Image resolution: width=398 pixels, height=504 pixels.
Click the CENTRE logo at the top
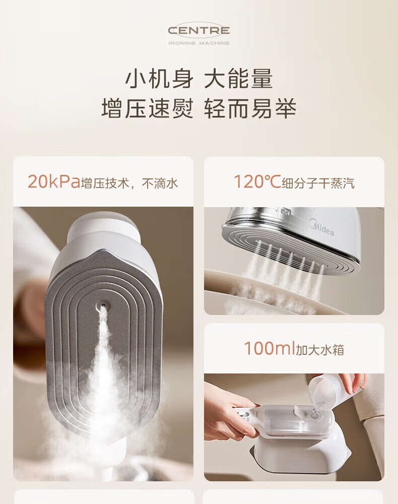tap(199, 31)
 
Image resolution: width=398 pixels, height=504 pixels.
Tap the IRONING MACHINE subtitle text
tap(199, 43)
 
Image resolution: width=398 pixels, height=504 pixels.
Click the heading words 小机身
tap(159, 79)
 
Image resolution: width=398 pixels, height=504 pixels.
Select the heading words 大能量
tap(239, 79)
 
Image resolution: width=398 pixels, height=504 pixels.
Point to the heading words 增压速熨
tap(148, 108)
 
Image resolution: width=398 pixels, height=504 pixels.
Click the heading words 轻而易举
tap(250, 108)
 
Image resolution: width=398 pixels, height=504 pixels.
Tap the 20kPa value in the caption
tap(53, 182)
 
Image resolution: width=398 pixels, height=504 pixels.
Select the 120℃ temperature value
tap(257, 181)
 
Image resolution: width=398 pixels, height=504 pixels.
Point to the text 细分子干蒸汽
tap(318, 183)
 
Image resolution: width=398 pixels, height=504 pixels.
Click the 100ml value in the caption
tap(269, 348)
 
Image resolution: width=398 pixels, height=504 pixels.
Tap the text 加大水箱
tap(320, 349)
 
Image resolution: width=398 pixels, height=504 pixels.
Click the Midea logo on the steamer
tap(321, 227)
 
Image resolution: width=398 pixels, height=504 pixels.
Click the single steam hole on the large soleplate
tap(103, 303)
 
